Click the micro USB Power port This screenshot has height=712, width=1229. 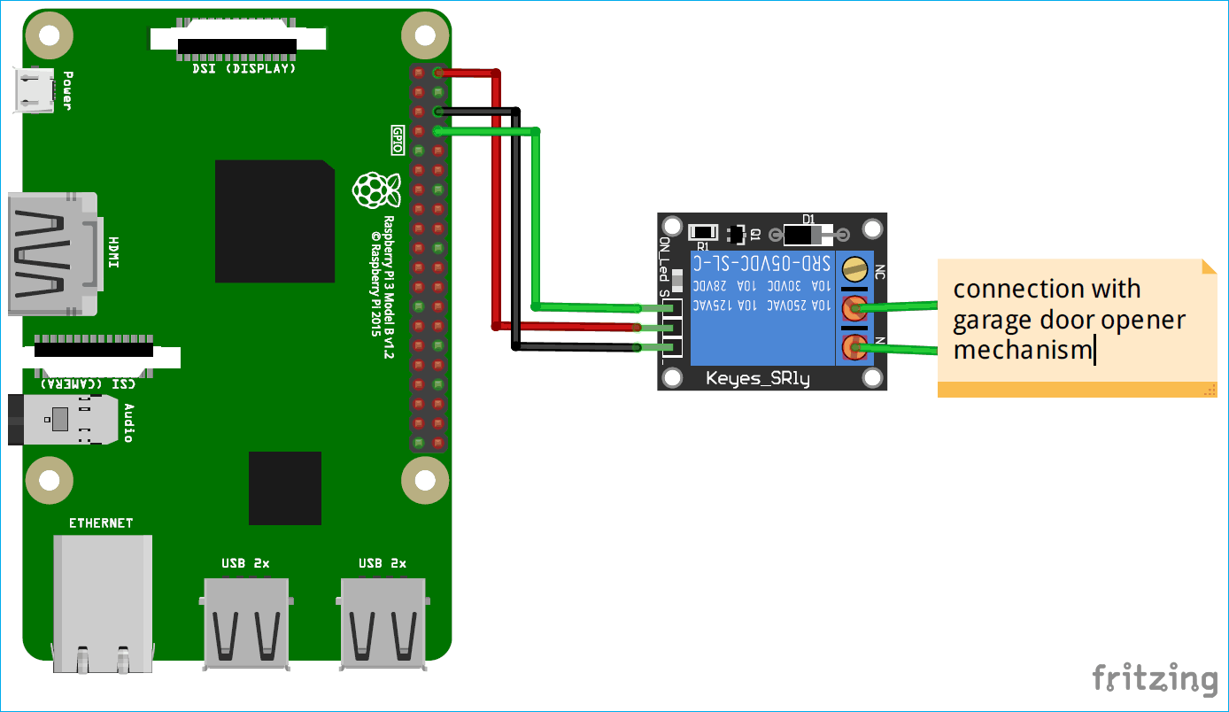(34, 90)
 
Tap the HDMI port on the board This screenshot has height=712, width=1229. (53, 254)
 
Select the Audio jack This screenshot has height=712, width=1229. (62, 420)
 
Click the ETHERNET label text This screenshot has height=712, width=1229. (101, 523)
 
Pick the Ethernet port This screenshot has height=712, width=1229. (101, 602)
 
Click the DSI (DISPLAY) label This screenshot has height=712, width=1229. (244, 68)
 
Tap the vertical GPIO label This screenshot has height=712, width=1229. (398, 140)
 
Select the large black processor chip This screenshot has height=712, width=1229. (274, 221)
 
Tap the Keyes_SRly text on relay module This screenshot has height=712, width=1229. (757, 379)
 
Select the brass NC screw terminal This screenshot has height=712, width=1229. (854, 267)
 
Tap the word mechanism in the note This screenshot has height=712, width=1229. (1023, 350)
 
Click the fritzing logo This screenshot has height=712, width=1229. (1155, 678)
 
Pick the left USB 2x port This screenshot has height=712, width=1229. (246, 623)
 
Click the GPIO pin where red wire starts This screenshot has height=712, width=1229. (438, 73)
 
